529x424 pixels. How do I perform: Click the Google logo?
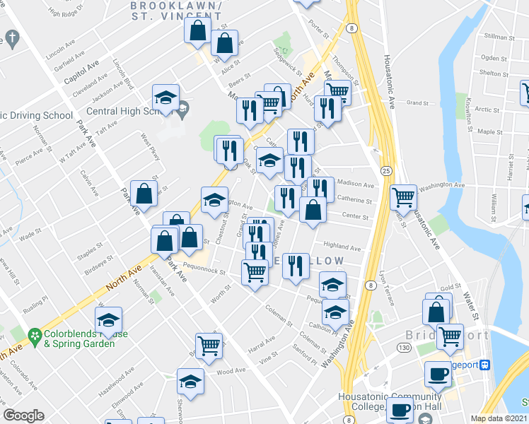tap(23, 416)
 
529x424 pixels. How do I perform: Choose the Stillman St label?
tap(497, 35)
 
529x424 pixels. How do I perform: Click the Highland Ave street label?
tap(342, 247)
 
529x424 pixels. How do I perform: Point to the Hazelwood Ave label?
tap(116, 389)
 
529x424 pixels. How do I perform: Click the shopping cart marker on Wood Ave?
tap(209, 345)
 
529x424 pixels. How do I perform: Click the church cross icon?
tap(12, 37)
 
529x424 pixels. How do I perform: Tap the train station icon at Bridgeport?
tap(486, 365)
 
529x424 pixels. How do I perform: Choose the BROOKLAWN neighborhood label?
tap(176, 6)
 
